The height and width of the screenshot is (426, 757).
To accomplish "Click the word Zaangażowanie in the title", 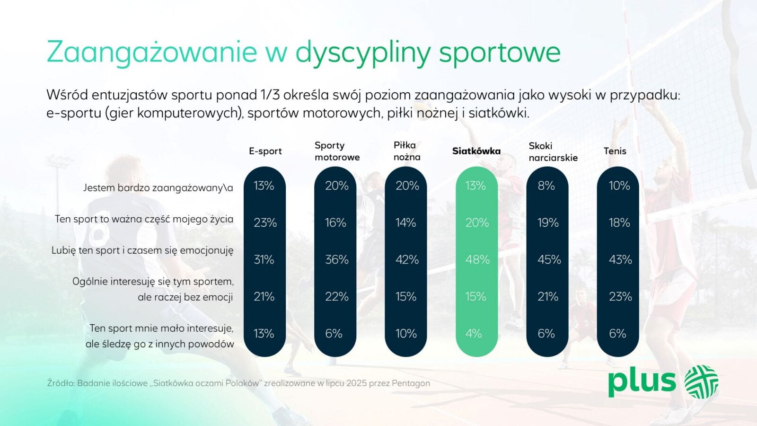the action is click(x=152, y=52).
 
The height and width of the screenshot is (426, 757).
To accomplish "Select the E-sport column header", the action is click(x=265, y=151).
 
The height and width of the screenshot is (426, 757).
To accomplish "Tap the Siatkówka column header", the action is click(x=476, y=151).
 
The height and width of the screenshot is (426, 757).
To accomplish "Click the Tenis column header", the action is click(x=615, y=151).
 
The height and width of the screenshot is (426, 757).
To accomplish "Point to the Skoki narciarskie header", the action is click(x=553, y=152).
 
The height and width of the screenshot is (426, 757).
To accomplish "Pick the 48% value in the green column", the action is click(x=477, y=260).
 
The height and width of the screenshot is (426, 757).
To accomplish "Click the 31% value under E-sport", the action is click(x=264, y=260).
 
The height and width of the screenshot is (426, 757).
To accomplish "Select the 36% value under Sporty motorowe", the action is click(x=336, y=260).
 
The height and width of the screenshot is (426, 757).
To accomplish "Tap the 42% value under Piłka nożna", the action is click(x=407, y=260).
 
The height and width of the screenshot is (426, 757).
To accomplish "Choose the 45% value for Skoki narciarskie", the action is click(x=549, y=260).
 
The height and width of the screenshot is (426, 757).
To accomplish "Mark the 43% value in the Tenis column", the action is click(x=620, y=260).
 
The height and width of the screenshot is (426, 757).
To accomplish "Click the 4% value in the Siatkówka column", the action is click(x=474, y=334).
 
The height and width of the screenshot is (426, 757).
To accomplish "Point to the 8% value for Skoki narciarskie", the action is click(x=546, y=186).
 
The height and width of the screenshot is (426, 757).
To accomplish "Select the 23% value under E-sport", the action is click(x=265, y=222).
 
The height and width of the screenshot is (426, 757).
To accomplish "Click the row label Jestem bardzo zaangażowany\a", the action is click(x=158, y=188).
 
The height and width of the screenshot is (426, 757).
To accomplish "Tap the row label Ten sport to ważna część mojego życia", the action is click(x=144, y=220).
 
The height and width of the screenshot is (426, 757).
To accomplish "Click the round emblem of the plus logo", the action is click(x=702, y=382).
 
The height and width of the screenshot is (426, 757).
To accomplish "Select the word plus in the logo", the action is click(x=642, y=382).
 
